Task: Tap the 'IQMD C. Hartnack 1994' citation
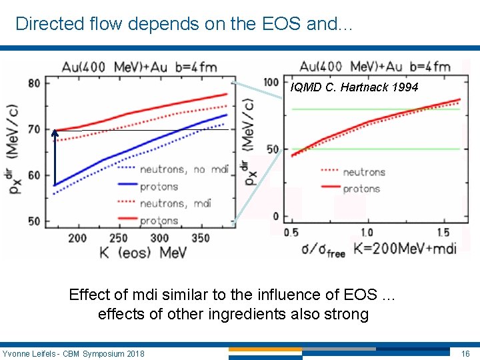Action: pyautogui.click(x=355, y=87)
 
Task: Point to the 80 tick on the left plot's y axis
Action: pyautogui.click(x=33, y=83)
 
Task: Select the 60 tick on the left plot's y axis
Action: pyautogui.click(x=33, y=175)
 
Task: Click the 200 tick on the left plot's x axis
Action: pyautogui.click(x=77, y=238)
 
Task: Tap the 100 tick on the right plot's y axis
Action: pyautogui.click(x=271, y=81)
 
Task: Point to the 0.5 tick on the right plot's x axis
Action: pyautogui.click(x=291, y=232)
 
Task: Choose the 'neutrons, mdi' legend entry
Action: pyautogui.click(x=175, y=203)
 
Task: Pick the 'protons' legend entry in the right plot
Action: pyautogui.click(x=361, y=189)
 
